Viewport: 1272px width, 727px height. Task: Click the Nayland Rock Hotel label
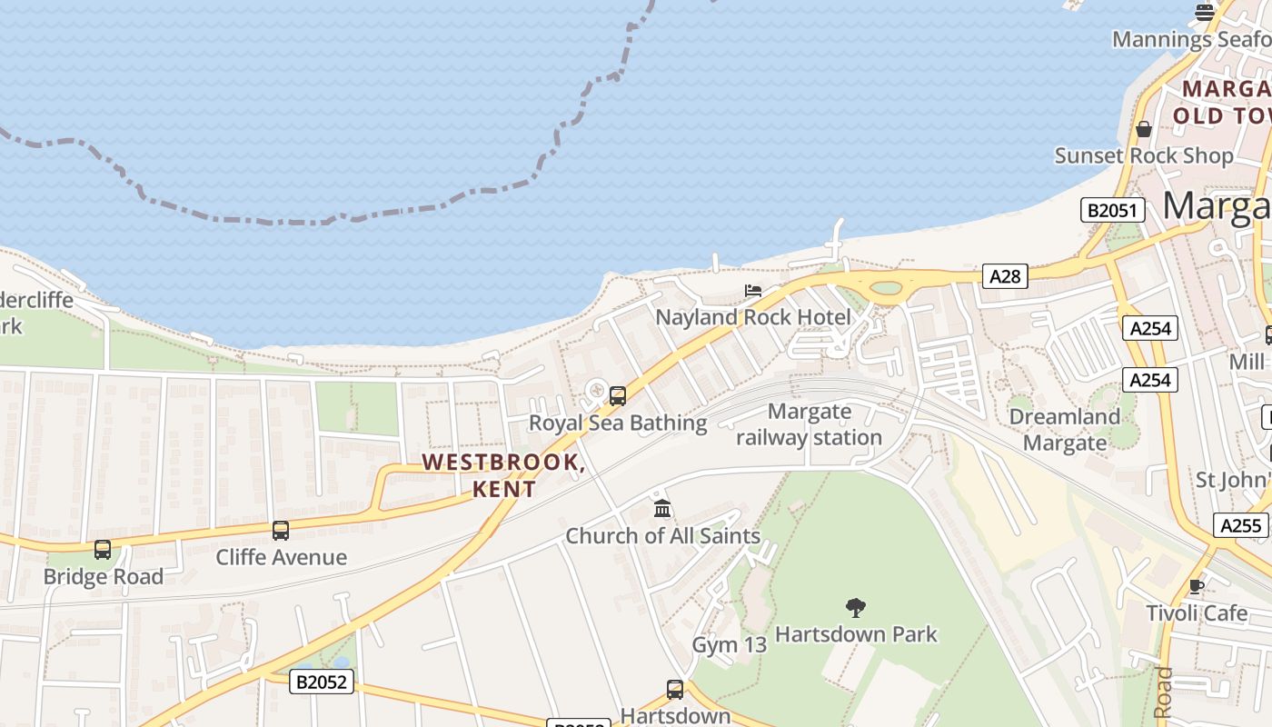(x=753, y=317)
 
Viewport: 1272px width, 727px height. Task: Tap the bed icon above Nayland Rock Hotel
(x=753, y=291)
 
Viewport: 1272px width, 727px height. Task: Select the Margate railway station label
(x=809, y=424)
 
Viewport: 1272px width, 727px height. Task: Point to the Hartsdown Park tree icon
(x=855, y=607)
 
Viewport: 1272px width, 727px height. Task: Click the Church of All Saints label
(x=662, y=535)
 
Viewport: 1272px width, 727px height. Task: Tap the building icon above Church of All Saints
(x=662, y=508)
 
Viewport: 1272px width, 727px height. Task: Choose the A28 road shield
(x=1004, y=275)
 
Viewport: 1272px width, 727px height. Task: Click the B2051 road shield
(x=1112, y=210)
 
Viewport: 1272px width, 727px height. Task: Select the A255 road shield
(x=1240, y=524)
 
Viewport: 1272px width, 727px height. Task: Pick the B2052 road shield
(x=322, y=681)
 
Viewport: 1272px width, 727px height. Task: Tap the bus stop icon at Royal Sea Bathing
(x=618, y=395)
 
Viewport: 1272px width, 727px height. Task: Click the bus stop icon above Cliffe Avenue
(x=281, y=530)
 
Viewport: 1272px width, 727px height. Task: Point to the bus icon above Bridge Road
(x=103, y=549)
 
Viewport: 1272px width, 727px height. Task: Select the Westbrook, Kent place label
(x=503, y=474)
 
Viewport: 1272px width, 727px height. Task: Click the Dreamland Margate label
(x=1065, y=430)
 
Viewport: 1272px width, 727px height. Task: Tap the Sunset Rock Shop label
(x=1143, y=155)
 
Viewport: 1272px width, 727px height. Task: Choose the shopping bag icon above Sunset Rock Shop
(x=1144, y=129)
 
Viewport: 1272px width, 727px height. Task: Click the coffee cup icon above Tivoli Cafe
(x=1197, y=586)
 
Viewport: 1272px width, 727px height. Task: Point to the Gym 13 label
(x=729, y=644)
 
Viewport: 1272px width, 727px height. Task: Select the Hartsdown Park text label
(x=856, y=633)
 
